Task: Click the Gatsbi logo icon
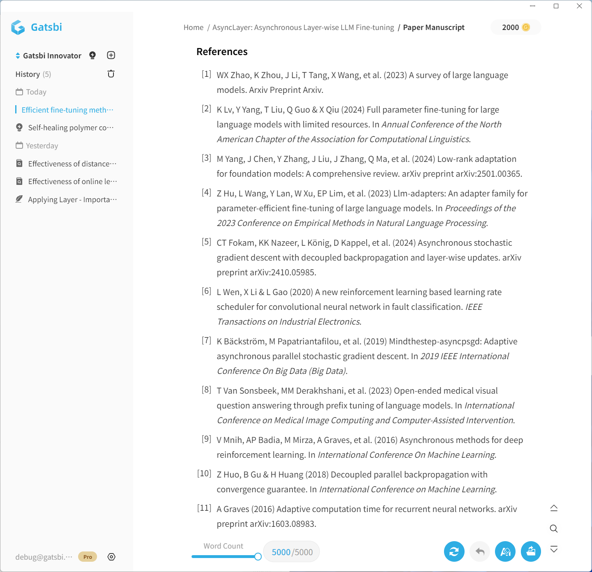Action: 18,28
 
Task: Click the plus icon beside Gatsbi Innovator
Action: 111,55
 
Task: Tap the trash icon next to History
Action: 111,74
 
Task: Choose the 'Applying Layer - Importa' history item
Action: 72,200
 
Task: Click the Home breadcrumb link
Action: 193,28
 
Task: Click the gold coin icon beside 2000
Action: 526,28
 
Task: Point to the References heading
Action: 222,52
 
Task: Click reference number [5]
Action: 206,242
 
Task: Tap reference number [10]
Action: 204,473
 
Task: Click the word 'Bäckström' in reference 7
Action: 245,341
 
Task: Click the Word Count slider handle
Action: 258,557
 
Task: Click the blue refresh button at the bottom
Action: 454,551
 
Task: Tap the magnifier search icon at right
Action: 554,528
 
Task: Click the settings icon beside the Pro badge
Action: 111,557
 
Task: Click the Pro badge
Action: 88,557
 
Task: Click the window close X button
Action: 579,6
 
